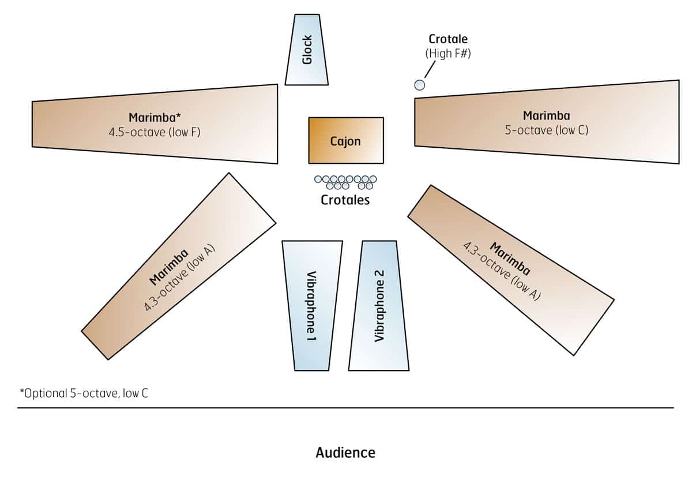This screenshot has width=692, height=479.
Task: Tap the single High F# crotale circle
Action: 420,85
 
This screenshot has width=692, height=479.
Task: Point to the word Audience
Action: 345,452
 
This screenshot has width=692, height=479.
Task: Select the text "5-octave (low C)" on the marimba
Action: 547,130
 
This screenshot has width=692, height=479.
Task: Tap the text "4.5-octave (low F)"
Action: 155,132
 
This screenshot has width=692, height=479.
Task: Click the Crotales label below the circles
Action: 345,200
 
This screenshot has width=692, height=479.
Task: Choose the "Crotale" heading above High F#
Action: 448,39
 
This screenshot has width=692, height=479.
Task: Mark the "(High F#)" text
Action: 448,54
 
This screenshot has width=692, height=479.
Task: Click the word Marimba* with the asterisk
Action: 154,118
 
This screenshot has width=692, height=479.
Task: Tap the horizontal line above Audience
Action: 345,408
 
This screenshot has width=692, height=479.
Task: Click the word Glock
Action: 307,50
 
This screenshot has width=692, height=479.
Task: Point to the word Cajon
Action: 345,141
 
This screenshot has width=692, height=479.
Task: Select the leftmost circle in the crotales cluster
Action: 318,179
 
